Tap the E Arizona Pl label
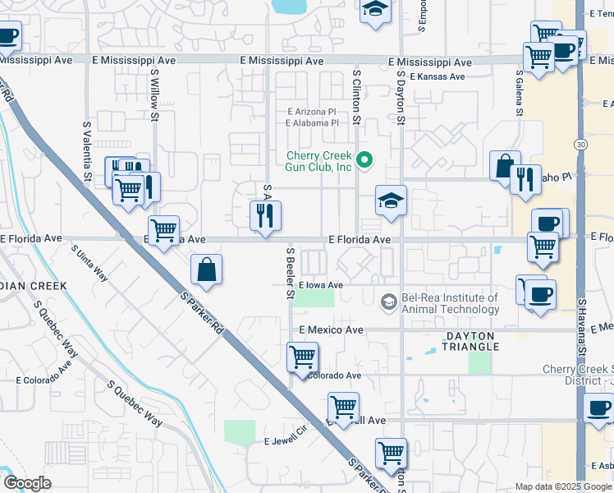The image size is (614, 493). tap(311, 111)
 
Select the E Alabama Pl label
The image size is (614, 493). tap(312, 122)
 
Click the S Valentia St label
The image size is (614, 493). tap(87, 152)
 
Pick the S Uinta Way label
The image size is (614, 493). tap(89, 262)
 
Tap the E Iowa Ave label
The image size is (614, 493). tap(320, 285)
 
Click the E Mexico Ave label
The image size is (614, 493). tap(331, 329)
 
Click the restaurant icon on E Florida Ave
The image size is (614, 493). tap(265, 216)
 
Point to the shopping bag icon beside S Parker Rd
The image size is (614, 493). tap(206, 269)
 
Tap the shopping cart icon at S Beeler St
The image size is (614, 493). tap(302, 357)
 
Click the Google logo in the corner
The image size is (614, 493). tap(27, 483)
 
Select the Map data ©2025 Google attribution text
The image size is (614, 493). tap(562, 486)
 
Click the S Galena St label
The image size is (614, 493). tap(519, 94)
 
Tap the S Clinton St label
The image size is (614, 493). tap(357, 96)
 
